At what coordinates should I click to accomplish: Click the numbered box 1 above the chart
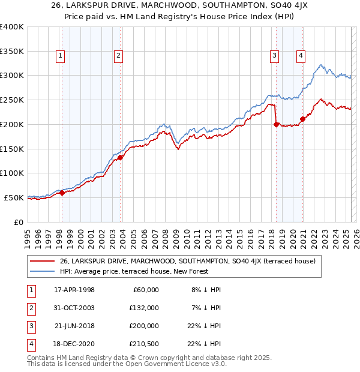pyautogui.click(x=61, y=56)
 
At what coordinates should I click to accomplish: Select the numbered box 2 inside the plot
pyautogui.click(x=119, y=56)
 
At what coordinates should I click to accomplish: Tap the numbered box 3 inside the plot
pyautogui.click(x=274, y=56)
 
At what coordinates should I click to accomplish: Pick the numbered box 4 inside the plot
pyautogui.click(x=301, y=56)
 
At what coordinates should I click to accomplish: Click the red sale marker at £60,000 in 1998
pyautogui.click(x=62, y=193)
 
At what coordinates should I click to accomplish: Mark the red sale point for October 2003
pyautogui.click(x=121, y=157)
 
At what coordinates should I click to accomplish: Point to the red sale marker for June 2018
pyautogui.click(x=276, y=124)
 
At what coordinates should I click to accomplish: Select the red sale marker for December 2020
pyautogui.click(x=302, y=119)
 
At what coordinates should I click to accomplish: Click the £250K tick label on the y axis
pyautogui.click(x=12, y=100)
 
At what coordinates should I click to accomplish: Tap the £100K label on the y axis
pyautogui.click(x=12, y=173)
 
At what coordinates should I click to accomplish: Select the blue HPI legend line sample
pyautogui.click(x=42, y=271)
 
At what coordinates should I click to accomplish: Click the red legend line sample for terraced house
pyautogui.click(x=42, y=261)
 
